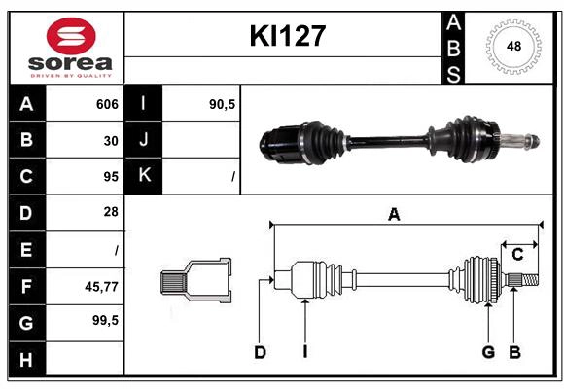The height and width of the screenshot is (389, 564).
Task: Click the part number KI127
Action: (287, 37)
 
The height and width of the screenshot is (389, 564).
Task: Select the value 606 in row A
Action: (106, 104)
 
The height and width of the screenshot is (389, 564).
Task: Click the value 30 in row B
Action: (111, 141)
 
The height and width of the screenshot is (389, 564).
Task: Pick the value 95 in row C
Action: (111, 177)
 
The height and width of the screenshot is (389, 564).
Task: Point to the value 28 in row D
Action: (111, 212)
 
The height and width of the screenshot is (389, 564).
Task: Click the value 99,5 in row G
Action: (104, 320)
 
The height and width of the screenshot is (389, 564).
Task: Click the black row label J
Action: (144, 141)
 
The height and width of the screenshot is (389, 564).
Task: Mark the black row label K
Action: (144, 177)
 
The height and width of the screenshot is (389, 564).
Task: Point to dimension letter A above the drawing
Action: (394, 215)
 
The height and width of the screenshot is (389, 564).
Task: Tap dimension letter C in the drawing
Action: (518, 255)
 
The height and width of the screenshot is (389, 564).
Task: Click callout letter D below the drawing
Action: (260, 352)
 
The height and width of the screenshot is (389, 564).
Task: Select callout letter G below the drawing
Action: (488, 352)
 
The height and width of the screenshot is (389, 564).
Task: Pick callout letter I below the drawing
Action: (304, 352)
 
